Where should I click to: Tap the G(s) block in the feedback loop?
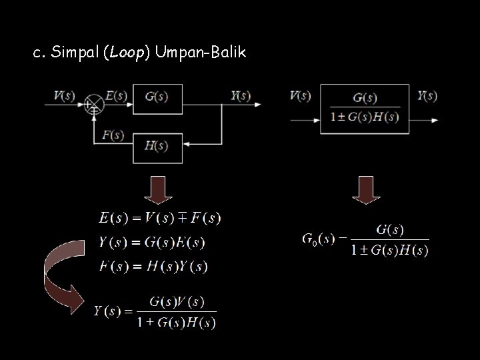[157, 97]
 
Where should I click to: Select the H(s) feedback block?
[157, 147]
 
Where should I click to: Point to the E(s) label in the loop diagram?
[116, 95]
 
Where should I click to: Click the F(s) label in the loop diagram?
[113, 135]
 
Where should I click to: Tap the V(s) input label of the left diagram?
[64, 95]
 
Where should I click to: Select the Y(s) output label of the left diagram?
[240, 95]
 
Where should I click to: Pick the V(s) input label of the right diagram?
[300, 95]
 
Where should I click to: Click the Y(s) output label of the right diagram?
[427, 95]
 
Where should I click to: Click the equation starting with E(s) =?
[159, 217]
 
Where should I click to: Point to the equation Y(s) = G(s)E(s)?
[152, 241]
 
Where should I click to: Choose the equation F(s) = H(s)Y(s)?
[153, 267]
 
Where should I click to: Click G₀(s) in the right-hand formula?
[319, 239]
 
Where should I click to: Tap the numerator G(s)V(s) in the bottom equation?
[176, 301]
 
